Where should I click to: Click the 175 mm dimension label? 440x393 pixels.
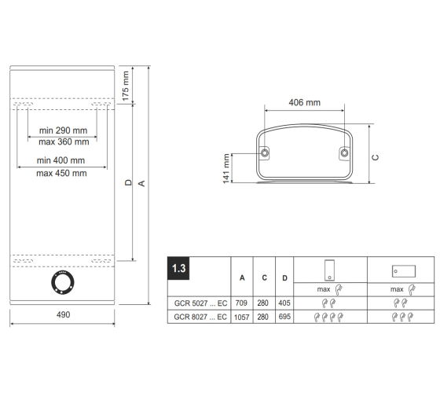point(126,86)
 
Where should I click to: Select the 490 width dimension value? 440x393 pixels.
point(63,314)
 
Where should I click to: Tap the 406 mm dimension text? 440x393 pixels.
point(305,102)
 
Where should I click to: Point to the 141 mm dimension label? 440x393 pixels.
point(226,168)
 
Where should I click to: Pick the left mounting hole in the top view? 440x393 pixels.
point(265,153)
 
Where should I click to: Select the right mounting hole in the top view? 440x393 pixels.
point(344,153)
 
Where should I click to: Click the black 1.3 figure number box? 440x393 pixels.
point(178,268)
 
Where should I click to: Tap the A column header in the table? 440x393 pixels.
point(242,278)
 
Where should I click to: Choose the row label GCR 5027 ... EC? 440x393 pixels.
point(200,303)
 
